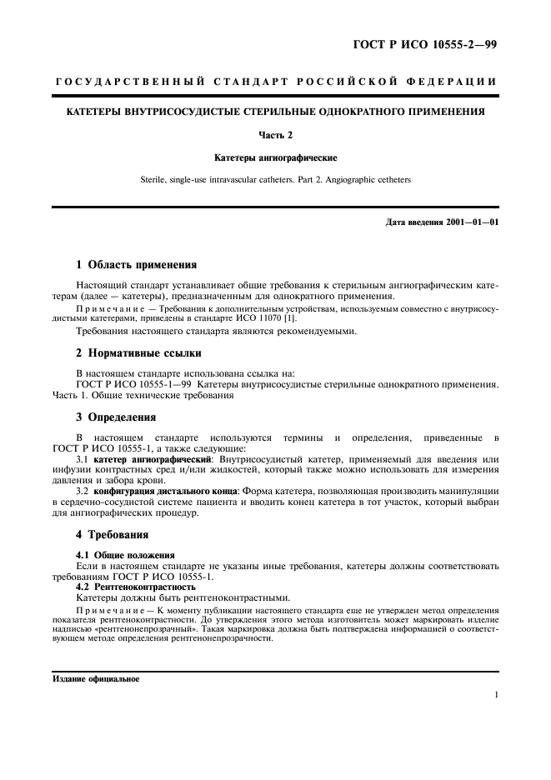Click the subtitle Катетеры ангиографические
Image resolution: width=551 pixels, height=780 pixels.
point(275,157)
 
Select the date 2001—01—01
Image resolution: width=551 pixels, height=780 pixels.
point(477,222)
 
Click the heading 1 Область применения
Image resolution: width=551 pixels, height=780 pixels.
point(137,265)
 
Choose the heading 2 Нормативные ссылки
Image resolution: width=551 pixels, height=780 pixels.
point(138,353)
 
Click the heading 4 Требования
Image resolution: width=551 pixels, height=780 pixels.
point(113,534)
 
